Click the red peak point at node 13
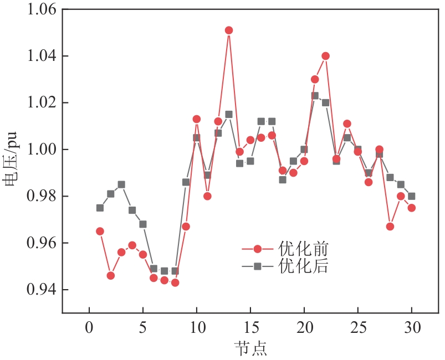coord(229,30)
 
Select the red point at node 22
coord(326,56)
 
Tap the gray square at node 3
coord(121,184)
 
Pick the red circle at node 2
coord(111,275)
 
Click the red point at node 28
coord(390,227)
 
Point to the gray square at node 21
coord(315,96)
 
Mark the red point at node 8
coord(175,282)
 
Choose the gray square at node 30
coord(412,196)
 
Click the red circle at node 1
coord(100,231)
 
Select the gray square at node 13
coord(229,114)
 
